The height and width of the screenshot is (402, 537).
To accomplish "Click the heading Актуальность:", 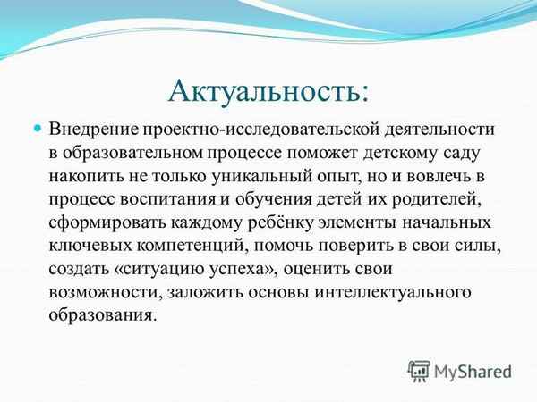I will pyautogui.click(x=268, y=90).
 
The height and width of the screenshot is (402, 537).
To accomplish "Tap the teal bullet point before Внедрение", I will pyautogui.click(x=38, y=130).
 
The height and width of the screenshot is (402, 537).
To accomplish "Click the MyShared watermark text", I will pyautogui.click(x=473, y=371).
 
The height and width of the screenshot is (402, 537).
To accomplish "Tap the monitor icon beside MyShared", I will pyautogui.click(x=419, y=371).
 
